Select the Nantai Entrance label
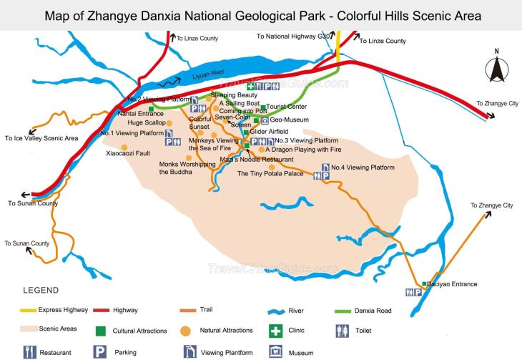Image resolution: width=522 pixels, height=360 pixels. (x=141, y=113)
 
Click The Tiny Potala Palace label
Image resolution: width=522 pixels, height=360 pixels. (x=270, y=174)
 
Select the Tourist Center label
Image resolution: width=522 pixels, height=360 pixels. (x=287, y=107)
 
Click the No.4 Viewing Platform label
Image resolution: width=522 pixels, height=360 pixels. (x=363, y=167)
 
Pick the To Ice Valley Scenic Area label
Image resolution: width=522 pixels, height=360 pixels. (x=41, y=138)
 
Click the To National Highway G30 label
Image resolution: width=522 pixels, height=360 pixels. (x=292, y=34)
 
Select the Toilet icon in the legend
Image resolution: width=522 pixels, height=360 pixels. (x=342, y=331)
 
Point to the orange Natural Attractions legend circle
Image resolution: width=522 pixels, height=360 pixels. (x=185, y=331)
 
